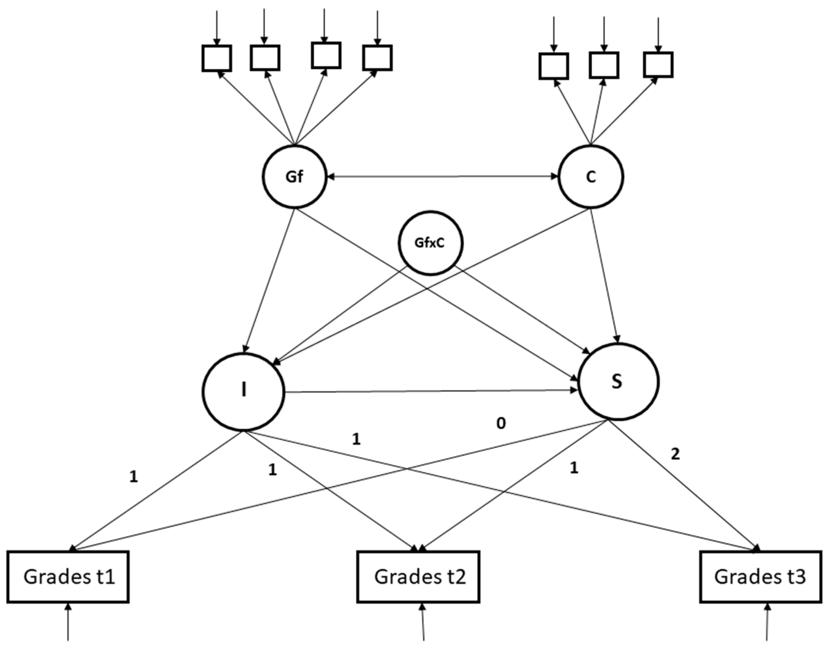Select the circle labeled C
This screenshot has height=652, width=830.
590,177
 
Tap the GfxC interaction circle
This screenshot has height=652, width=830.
430,243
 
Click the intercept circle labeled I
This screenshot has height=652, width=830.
243,391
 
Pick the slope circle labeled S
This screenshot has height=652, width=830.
618,382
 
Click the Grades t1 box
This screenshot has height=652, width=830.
68,576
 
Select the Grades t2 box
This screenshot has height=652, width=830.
418,576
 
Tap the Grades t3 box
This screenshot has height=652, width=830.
761,576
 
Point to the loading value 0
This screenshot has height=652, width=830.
501,423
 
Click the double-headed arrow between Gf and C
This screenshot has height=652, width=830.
443,177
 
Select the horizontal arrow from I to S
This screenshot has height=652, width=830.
431,391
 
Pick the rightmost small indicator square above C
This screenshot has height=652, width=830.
658,65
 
